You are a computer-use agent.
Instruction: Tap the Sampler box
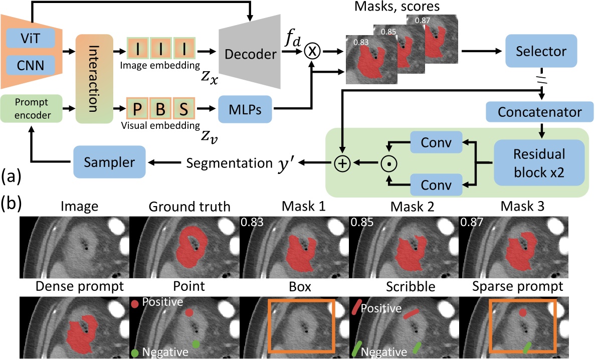point(109,161)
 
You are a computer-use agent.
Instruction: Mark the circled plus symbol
point(342,162)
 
